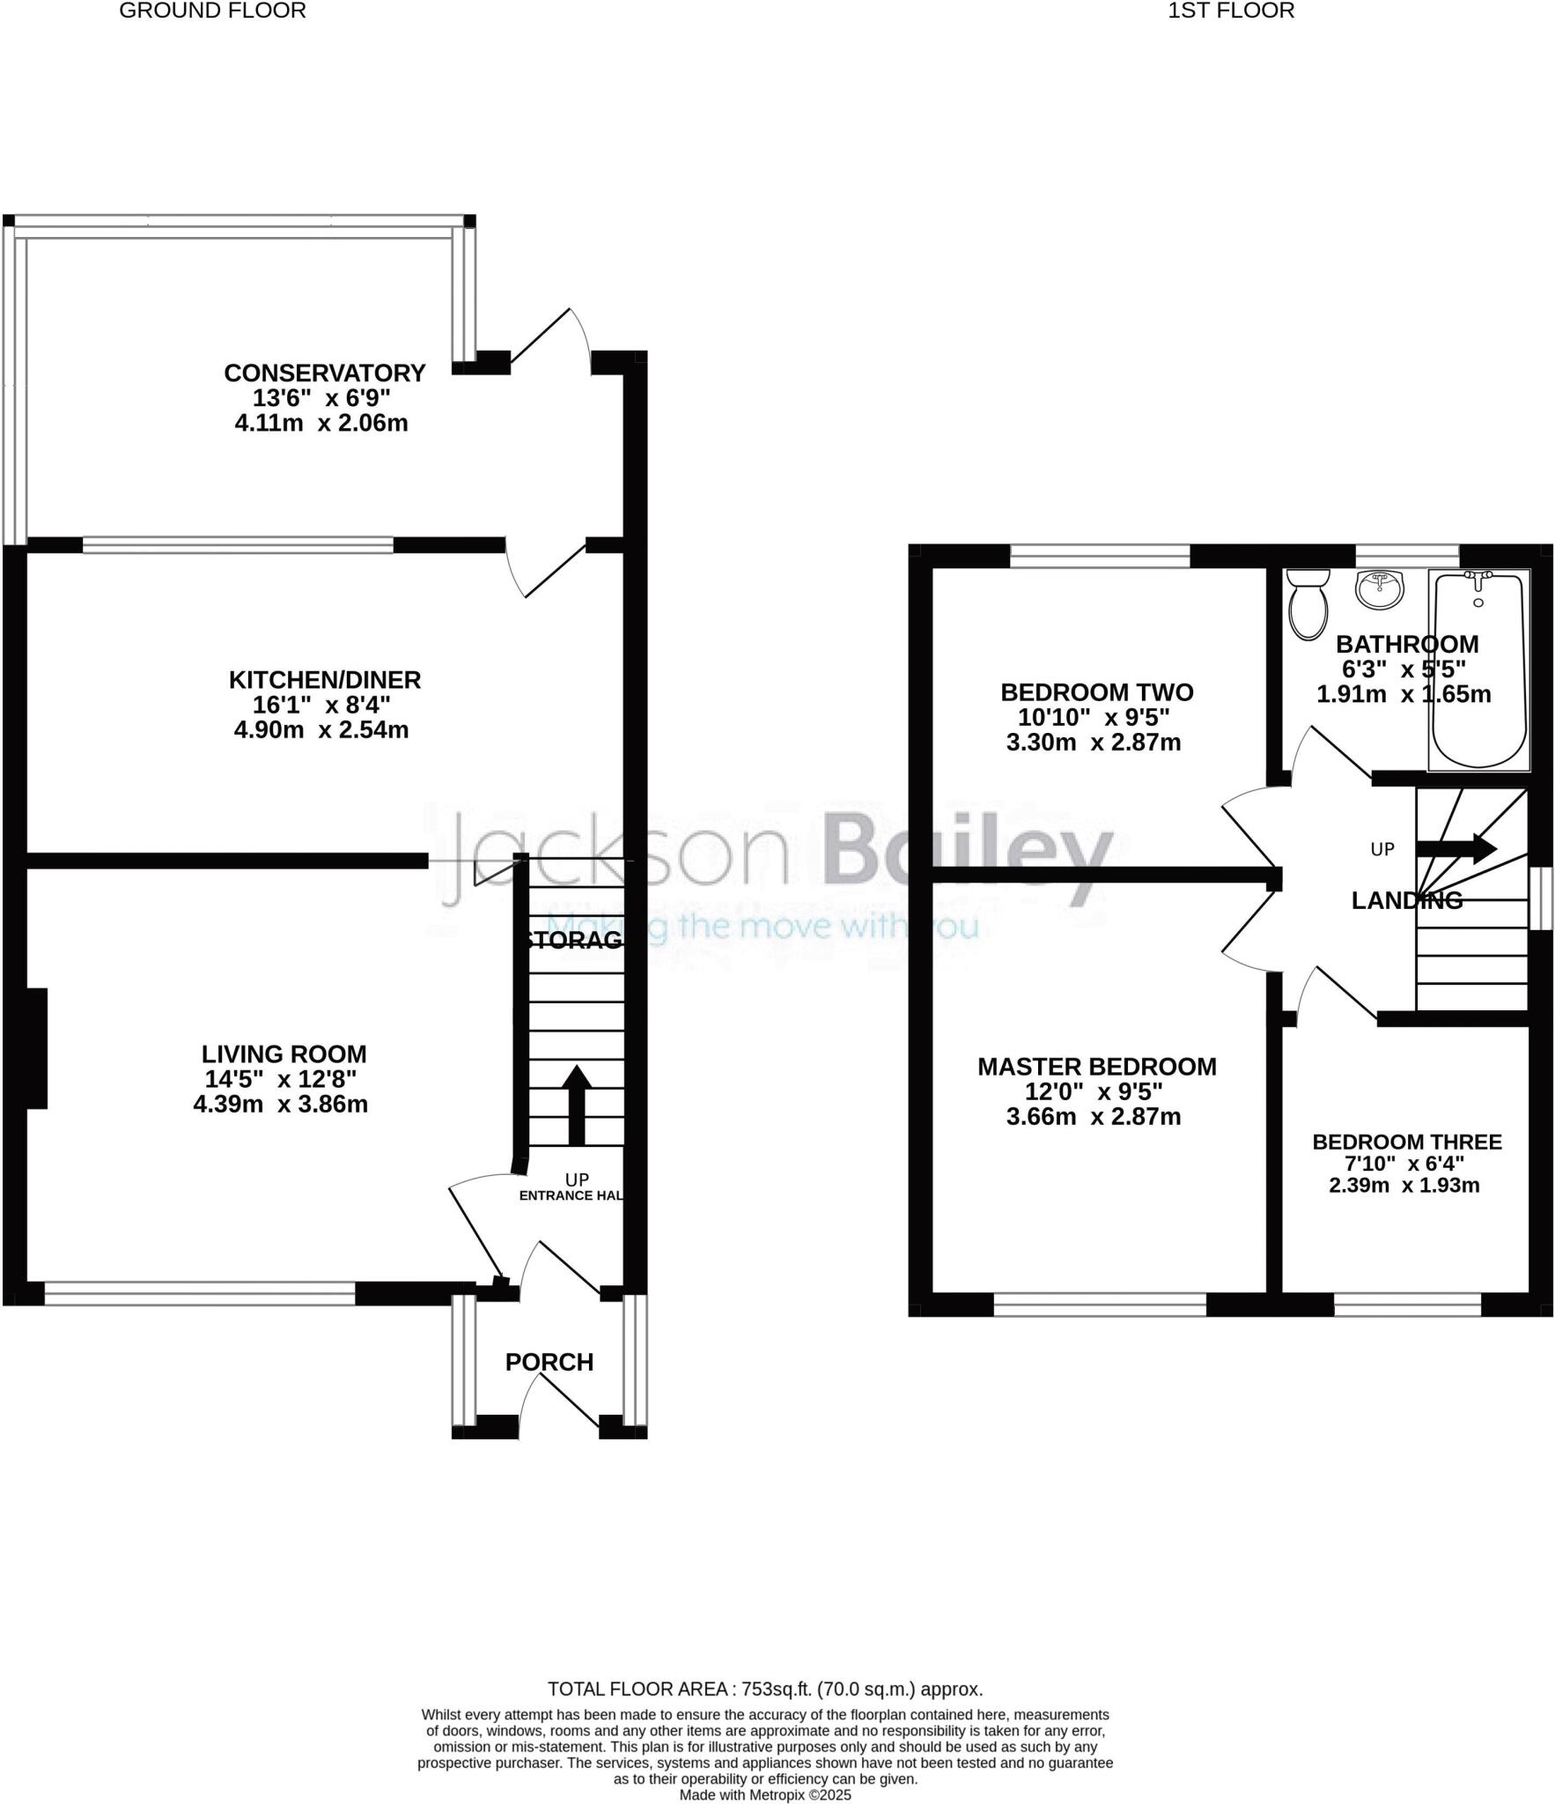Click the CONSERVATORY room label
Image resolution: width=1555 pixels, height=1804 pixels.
(x=324, y=373)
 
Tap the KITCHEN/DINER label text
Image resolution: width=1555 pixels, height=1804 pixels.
(x=325, y=679)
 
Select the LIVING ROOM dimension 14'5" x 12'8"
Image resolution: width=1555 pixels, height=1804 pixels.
(x=280, y=1079)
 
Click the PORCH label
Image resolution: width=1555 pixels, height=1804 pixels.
(x=549, y=1362)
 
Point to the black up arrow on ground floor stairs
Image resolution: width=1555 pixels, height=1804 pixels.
(x=577, y=1104)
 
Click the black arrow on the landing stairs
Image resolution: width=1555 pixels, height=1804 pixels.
(x=1456, y=848)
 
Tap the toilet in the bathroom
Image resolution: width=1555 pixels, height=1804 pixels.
(x=1308, y=603)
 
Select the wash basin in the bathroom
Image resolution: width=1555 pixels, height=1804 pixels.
(x=1380, y=588)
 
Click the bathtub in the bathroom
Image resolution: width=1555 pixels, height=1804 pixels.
(x=1478, y=669)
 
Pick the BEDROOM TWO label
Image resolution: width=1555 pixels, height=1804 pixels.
(x=1096, y=691)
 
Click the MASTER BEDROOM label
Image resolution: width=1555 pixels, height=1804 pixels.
(x=1096, y=1066)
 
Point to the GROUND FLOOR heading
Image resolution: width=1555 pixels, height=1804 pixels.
(x=212, y=11)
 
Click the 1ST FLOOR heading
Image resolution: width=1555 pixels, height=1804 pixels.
(x=1231, y=11)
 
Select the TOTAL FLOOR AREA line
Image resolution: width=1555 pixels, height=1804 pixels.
(x=764, y=1689)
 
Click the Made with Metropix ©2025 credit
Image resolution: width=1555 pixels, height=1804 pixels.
(x=764, y=1794)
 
